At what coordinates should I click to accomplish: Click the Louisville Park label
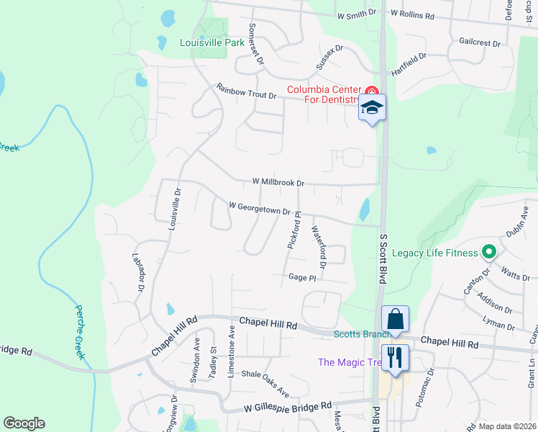[212, 42]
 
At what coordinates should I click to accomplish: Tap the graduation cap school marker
[372, 108]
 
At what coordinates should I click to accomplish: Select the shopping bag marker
[395, 318]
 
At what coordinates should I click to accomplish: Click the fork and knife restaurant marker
[395, 357]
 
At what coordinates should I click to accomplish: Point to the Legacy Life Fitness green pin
[489, 252]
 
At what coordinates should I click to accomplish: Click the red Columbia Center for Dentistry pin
[371, 91]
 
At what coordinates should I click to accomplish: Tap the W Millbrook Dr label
[279, 183]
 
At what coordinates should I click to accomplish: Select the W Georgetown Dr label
[259, 208]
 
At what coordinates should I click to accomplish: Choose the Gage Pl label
[302, 277]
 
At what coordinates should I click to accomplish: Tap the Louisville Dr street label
[174, 210]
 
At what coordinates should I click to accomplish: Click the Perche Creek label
[83, 332]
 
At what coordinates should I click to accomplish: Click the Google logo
[24, 423]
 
